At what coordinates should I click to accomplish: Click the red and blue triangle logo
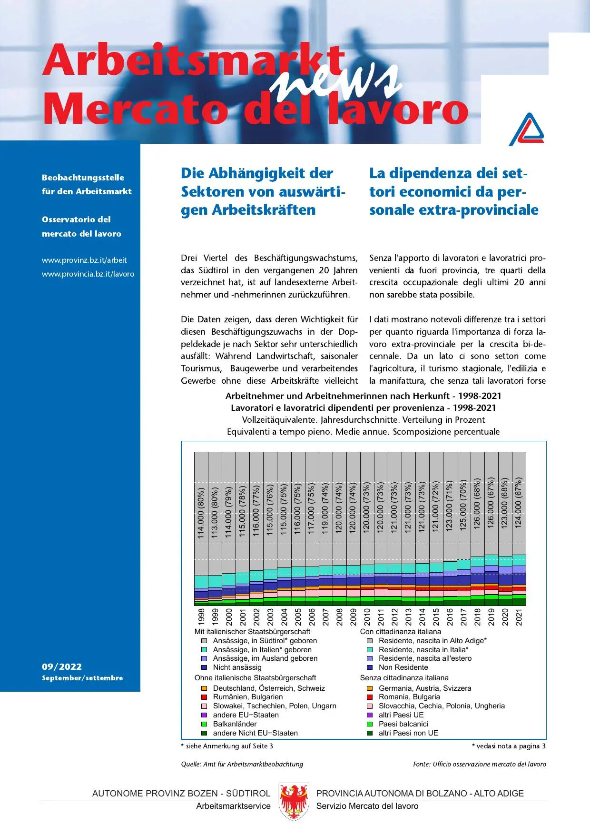527,129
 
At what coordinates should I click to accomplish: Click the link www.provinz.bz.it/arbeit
84,260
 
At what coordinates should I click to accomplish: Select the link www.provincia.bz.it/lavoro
88,274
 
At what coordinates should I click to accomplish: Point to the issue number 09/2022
62,666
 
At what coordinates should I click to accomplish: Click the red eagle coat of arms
294,802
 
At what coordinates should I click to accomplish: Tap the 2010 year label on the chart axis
367,616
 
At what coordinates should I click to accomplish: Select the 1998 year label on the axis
201,616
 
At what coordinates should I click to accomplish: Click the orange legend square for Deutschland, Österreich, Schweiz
204,688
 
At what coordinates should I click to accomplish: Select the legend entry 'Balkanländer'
235,724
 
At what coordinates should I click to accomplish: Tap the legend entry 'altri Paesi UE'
401,715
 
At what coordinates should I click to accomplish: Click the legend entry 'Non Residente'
403,667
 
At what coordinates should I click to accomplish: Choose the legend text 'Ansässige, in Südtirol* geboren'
265,641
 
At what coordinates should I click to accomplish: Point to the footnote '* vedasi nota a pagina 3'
509,746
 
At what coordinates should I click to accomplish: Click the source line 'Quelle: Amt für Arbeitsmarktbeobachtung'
242,764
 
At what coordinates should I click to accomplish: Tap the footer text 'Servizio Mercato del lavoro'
367,806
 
